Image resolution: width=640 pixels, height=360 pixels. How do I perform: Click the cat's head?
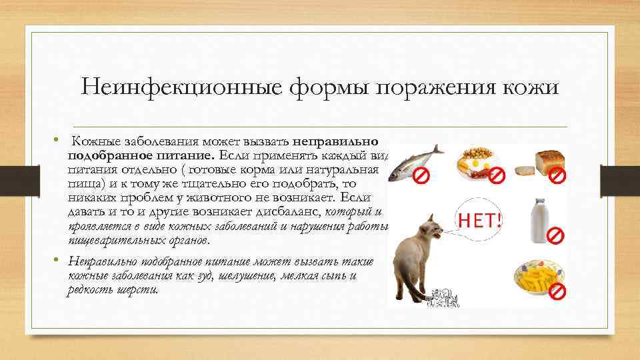click(x=430, y=231)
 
